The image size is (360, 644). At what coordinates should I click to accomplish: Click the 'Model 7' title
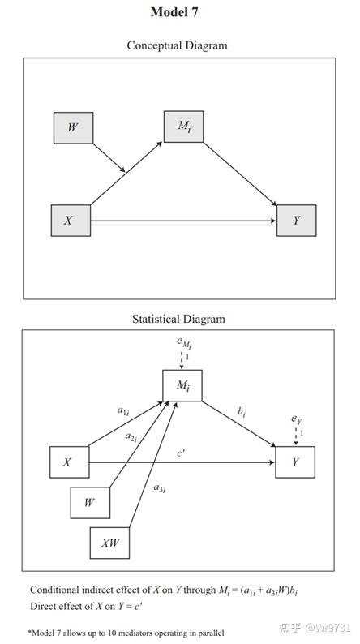pos(174,11)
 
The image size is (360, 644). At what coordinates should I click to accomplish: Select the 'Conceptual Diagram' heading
pos(177,45)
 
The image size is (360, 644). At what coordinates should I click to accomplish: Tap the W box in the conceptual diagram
pos(73,128)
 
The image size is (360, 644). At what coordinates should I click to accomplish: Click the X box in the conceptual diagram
pos(71,221)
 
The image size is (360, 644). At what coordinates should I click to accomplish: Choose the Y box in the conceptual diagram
pos(296,221)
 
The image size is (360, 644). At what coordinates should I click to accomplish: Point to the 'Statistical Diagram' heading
pos(178,319)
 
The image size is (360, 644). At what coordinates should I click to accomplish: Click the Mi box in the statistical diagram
pos(182,385)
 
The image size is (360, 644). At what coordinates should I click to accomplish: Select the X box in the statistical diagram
pos(69,462)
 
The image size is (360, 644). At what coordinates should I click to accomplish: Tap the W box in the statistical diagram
pos(90,502)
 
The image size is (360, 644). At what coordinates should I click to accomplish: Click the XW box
pos(109,542)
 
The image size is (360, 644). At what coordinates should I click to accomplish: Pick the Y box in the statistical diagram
pos(295,462)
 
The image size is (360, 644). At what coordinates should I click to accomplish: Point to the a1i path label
pos(122,412)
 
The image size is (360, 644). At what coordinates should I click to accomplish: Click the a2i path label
pos(131,437)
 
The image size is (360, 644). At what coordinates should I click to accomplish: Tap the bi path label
pos(242,412)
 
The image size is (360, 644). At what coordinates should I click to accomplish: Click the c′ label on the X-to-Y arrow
pos(184,453)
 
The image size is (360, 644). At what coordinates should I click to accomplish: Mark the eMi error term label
pos(184,344)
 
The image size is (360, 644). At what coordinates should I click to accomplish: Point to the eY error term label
pos(297,419)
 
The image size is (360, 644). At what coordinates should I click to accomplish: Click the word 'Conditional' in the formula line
pos(57,590)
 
